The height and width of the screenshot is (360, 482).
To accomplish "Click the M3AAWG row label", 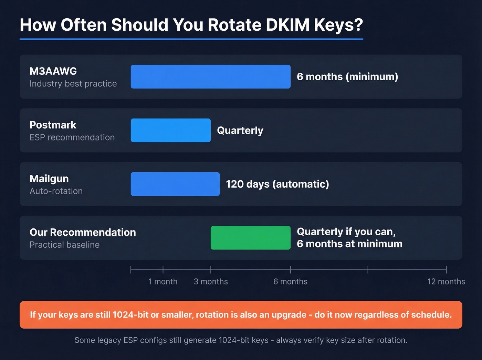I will tap(53, 71).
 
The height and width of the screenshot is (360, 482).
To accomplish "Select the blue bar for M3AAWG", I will tap(210, 76).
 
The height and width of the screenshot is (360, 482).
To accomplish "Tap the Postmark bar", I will tap(170, 130).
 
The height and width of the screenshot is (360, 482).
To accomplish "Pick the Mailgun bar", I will tap(175, 184).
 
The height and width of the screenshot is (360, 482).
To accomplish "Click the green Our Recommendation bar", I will tap(250, 238).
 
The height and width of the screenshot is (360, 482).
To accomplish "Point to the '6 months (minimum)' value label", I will tap(347, 76).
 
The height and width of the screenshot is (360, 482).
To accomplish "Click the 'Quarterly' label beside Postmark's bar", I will tap(240, 131).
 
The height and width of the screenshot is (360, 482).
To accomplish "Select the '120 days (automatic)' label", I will tap(277, 184).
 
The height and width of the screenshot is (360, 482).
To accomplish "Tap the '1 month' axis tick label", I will tap(163, 281).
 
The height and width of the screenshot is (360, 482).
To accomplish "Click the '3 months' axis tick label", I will tap(211, 281).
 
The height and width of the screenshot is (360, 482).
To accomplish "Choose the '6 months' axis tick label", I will tap(290, 281).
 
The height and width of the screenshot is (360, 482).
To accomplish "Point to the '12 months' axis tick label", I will tap(446, 281).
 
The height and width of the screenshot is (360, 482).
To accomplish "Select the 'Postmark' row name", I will tap(53, 125).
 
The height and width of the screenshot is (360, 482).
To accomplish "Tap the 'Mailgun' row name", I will tap(49, 178).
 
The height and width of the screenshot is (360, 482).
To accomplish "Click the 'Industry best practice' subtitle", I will tap(73, 84).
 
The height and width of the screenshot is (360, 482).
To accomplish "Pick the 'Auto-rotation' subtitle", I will tap(56, 191).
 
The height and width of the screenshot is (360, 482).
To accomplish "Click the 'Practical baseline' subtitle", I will tap(64, 245).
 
